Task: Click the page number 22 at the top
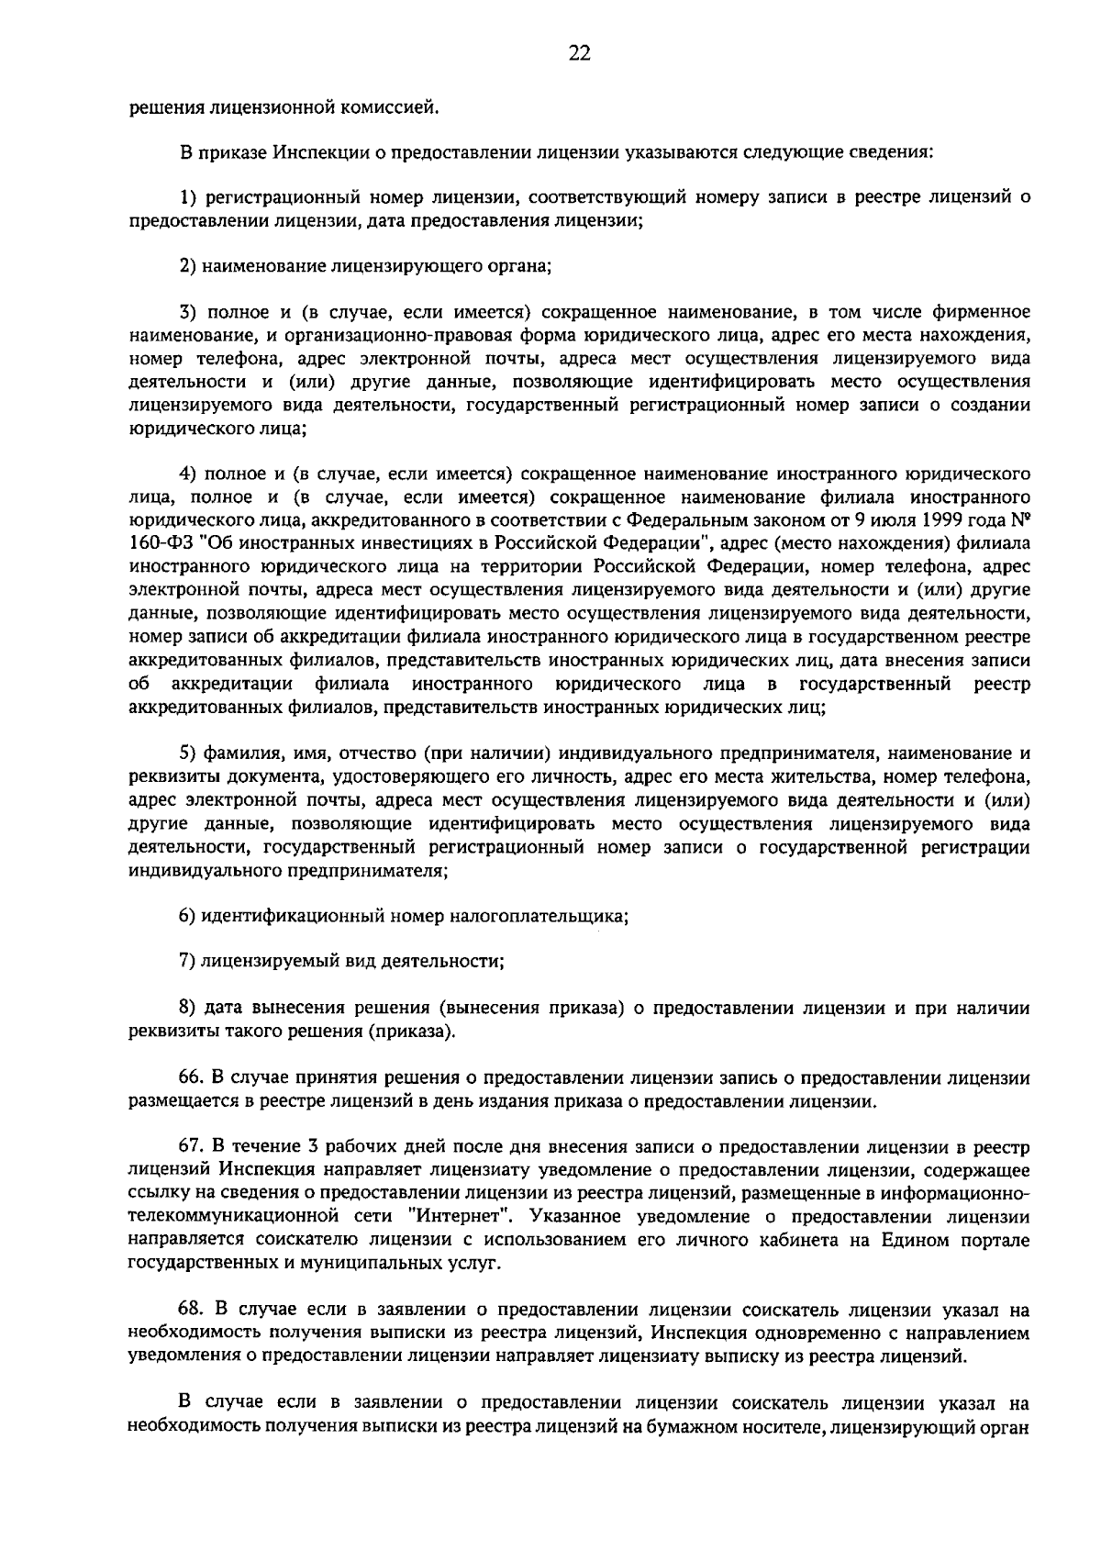578,53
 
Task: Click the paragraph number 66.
191,1077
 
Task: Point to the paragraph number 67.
191,1147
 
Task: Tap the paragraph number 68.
191,1310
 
